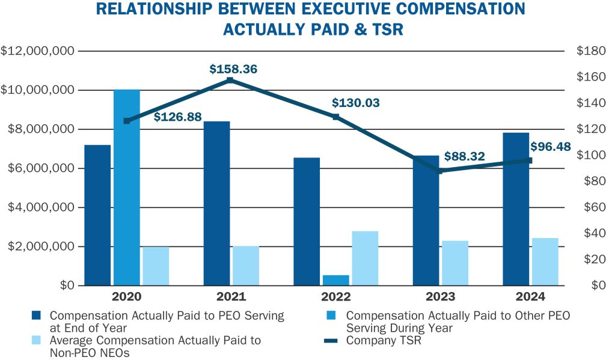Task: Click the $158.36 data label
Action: [233, 69]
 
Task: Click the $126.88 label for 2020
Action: [177, 117]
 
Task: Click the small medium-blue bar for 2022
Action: [336, 280]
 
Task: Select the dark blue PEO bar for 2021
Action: [216, 203]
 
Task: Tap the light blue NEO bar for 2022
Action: [365, 258]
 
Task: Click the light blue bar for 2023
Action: [455, 263]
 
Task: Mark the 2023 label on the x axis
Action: [440, 297]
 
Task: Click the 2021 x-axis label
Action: [231, 297]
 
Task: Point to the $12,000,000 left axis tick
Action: [38, 51]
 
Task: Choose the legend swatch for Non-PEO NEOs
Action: [37, 341]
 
